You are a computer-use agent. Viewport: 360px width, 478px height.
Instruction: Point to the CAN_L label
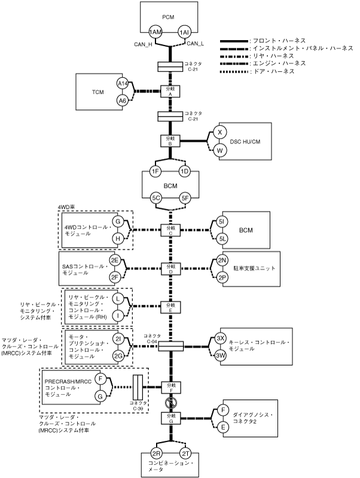(196, 43)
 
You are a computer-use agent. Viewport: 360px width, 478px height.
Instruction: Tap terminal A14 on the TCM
(123, 83)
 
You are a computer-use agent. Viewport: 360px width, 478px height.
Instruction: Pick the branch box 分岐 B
(170, 141)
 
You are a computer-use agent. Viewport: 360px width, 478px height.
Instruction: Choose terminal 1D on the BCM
(185, 172)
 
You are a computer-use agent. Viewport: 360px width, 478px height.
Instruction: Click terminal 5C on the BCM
(156, 197)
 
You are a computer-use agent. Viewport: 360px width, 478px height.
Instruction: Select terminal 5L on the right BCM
(222, 239)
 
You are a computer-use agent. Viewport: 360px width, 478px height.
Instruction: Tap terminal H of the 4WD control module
(118, 238)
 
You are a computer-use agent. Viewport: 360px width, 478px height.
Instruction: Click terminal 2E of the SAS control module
(115, 260)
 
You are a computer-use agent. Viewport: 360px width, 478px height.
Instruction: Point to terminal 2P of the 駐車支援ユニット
(222, 278)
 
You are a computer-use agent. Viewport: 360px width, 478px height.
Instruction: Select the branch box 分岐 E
(170, 307)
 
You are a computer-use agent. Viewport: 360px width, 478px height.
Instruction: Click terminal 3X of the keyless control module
(221, 339)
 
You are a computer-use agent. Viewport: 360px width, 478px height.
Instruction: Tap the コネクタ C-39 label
(138, 407)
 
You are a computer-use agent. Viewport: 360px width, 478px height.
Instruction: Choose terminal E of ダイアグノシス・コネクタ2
(222, 427)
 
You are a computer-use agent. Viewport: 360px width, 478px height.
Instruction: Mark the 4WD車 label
(66, 207)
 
